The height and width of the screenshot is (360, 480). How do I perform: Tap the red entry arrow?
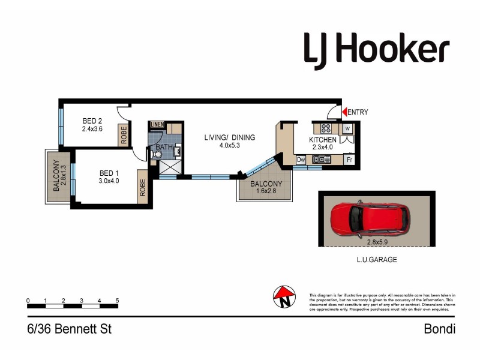344,112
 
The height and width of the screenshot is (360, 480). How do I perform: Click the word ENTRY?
358,112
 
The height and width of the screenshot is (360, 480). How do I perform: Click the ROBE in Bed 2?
123,134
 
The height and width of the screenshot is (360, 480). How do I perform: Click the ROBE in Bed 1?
143,188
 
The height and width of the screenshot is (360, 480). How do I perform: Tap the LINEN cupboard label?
157,125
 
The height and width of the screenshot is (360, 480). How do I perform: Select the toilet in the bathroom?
157,154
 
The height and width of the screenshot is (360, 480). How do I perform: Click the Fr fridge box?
349,160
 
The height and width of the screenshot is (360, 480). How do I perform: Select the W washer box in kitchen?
347,128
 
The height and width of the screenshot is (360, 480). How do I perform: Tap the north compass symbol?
285,296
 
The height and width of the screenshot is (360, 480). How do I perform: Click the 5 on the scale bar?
117,301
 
